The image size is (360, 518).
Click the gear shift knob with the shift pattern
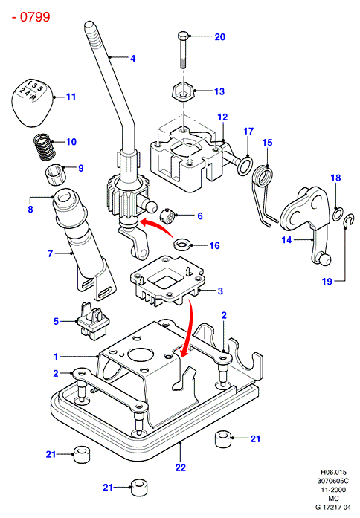(32, 103)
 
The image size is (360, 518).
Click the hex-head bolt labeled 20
(184, 50)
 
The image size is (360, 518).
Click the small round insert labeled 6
(168, 217)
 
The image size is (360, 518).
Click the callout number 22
(181, 467)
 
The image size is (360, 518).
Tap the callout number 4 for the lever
(132, 59)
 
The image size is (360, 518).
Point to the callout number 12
(223, 117)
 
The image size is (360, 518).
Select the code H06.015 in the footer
(333, 472)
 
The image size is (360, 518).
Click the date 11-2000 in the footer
(333, 490)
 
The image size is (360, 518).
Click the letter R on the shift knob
(33, 97)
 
